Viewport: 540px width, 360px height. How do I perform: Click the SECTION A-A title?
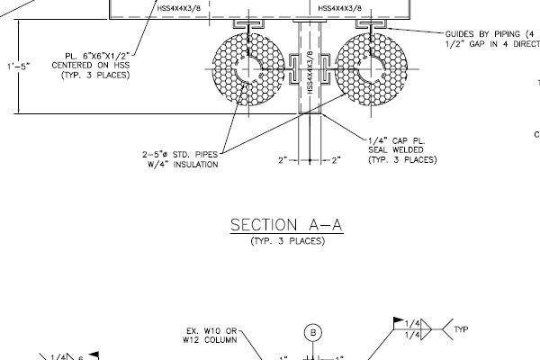tap(286, 225)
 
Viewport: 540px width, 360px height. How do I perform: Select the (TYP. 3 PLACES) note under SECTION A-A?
tap(286, 241)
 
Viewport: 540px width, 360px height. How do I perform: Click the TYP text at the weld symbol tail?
tap(463, 329)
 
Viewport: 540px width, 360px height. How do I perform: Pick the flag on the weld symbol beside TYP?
tap(397, 320)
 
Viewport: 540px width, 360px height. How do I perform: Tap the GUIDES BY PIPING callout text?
tap(491, 33)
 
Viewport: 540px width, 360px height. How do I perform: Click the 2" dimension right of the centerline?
tap(335, 160)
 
